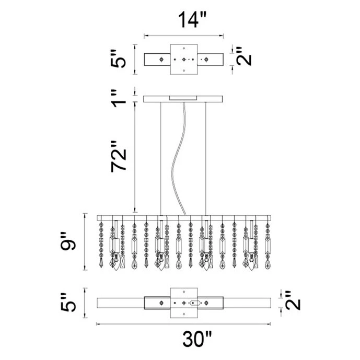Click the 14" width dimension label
tap(192, 20)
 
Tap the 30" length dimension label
tap(197, 339)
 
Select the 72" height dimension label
tap(119, 157)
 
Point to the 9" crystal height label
tap(68, 241)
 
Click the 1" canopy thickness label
tap(119, 99)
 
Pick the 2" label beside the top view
tap(244, 56)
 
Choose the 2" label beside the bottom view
tap(293, 300)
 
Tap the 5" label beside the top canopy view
tap(119, 59)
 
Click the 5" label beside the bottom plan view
tap(68, 303)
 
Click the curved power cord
tap(178, 158)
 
